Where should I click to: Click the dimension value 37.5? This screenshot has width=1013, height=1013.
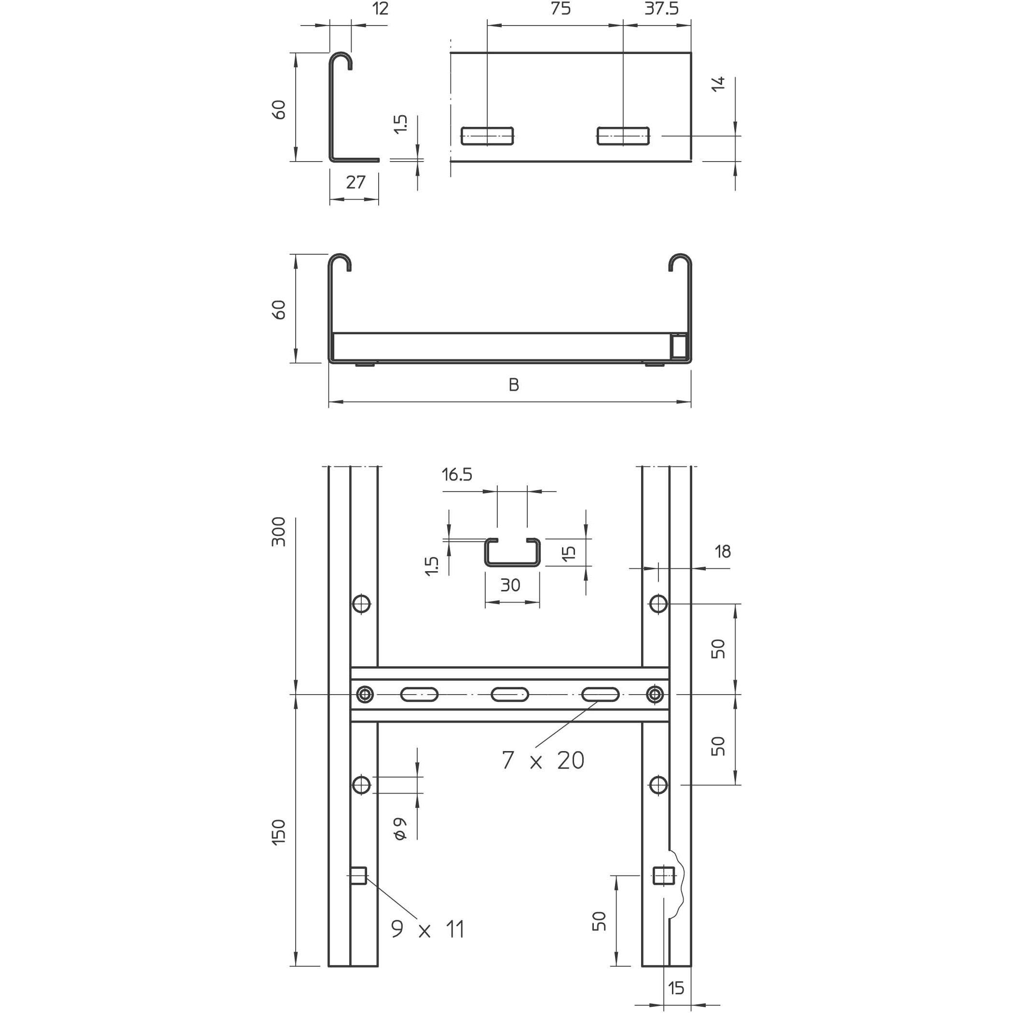click(661, 9)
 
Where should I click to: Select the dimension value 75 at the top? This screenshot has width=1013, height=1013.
click(561, 9)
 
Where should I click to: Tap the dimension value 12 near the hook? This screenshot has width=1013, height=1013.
click(381, 9)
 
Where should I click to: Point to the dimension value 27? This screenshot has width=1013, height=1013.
click(356, 182)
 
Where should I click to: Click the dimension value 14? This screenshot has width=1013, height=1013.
click(719, 84)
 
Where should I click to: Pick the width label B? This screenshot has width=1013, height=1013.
click(514, 385)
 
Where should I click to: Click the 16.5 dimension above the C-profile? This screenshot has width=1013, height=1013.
click(457, 475)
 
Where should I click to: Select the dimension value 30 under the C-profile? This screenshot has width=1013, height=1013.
click(510, 585)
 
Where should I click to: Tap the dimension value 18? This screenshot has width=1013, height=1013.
click(723, 551)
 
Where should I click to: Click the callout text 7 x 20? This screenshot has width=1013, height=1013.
click(543, 760)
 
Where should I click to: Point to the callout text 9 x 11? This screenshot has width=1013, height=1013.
click(428, 929)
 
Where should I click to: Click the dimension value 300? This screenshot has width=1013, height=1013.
click(278, 532)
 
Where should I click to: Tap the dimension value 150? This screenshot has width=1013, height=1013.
click(278, 832)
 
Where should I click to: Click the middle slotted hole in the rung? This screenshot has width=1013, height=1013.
click(510, 695)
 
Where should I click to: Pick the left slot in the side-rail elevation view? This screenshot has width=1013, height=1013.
click(487, 136)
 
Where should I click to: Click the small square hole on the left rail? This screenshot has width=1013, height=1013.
click(358, 876)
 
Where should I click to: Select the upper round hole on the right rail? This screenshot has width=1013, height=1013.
click(658, 604)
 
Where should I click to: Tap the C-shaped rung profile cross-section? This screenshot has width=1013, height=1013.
click(512, 553)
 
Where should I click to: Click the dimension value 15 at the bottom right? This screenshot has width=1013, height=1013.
click(676, 988)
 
